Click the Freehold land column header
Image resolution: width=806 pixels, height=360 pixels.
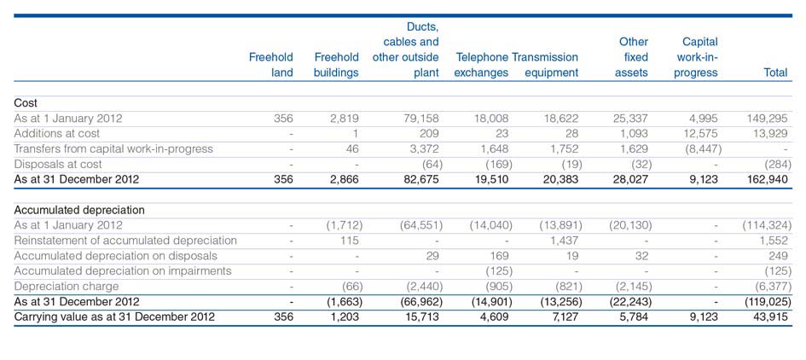[x=271, y=65]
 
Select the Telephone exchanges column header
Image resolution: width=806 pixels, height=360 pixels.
[x=482, y=65]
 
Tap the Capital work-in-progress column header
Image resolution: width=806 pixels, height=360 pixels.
[x=696, y=57]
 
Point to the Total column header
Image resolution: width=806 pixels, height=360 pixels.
[x=775, y=73]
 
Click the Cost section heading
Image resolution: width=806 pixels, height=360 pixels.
[x=26, y=103]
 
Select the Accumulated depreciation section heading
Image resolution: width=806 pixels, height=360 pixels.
[x=79, y=210]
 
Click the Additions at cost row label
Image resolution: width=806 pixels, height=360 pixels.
[x=57, y=134]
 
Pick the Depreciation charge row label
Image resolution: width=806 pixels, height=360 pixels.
[x=67, y=286]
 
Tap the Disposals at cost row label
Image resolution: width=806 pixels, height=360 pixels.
[x=58, y=165]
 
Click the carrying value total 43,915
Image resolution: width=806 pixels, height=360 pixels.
[x=769, y=316]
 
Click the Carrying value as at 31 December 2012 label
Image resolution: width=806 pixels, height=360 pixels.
[x=114, y=316]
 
